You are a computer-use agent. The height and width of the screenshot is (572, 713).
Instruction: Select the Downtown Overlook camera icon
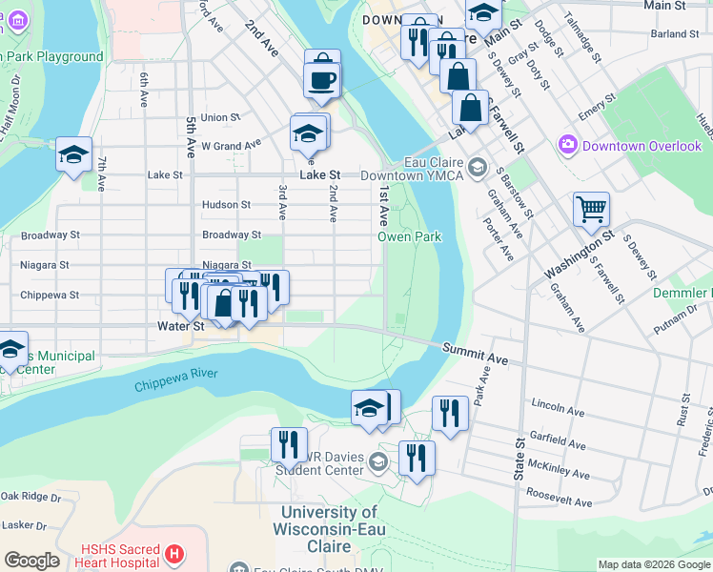coord(569,146)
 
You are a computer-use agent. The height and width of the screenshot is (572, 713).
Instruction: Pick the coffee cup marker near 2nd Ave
coord(322,79)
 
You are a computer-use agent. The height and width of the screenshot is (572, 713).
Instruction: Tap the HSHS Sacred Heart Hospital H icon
coord(173,553)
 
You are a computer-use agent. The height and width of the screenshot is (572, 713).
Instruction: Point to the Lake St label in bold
coord(319,175)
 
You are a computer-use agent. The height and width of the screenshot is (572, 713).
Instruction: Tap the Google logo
coord(31,561)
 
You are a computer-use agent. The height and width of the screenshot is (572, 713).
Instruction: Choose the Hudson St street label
coord(226,205)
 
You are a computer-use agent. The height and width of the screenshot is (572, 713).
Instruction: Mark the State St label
coord(520,458)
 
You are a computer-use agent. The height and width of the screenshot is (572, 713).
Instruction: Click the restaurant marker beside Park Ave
coord(450,412)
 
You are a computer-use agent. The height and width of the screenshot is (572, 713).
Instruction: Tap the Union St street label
coord(219,118)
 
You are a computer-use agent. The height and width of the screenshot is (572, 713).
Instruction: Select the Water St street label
coord(181,326)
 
